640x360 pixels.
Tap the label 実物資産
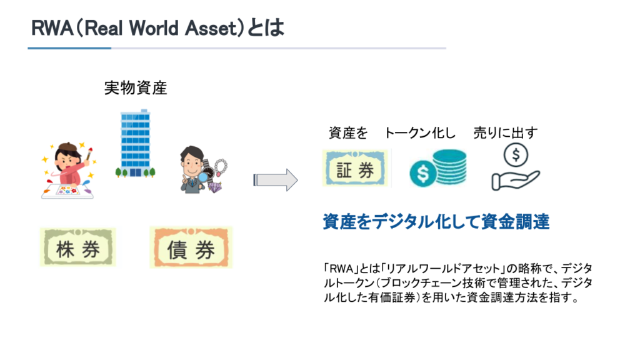[135, 88]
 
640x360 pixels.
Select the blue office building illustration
[136, 142]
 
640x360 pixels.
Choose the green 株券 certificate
[77, 247]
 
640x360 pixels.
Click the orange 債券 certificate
[191, 247]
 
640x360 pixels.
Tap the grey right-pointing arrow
[276, 179]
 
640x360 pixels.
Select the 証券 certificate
[355, 169]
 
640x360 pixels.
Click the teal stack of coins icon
[437, 167]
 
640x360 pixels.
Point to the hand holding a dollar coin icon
[515, 167]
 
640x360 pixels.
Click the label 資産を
[347, 133]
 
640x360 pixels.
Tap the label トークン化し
[419, 133]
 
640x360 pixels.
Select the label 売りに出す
[505, 133]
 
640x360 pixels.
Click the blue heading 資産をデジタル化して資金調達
[436, 222]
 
